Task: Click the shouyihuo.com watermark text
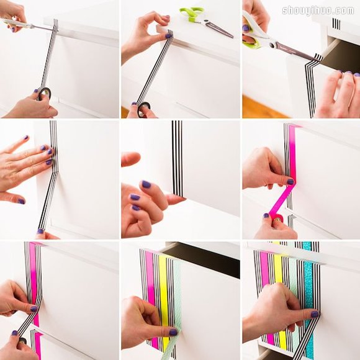(x=318, y=11)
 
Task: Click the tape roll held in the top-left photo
(x=43, y=94)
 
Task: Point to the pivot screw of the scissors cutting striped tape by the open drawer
(x=273, y=45)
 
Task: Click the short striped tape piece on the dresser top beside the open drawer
(x=336, y=24)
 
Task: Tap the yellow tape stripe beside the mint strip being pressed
(x=163, y=299)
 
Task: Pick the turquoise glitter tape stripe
(x=309, y=299)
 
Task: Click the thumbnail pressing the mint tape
(x=173, y=332)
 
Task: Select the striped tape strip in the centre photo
(x=178, y=158)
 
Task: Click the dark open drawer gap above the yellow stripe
(x=202, y=259)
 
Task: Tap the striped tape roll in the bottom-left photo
(x=23, y=341)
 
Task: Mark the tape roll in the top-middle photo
(x=144, y=109)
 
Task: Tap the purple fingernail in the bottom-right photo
(x=314, y=314)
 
